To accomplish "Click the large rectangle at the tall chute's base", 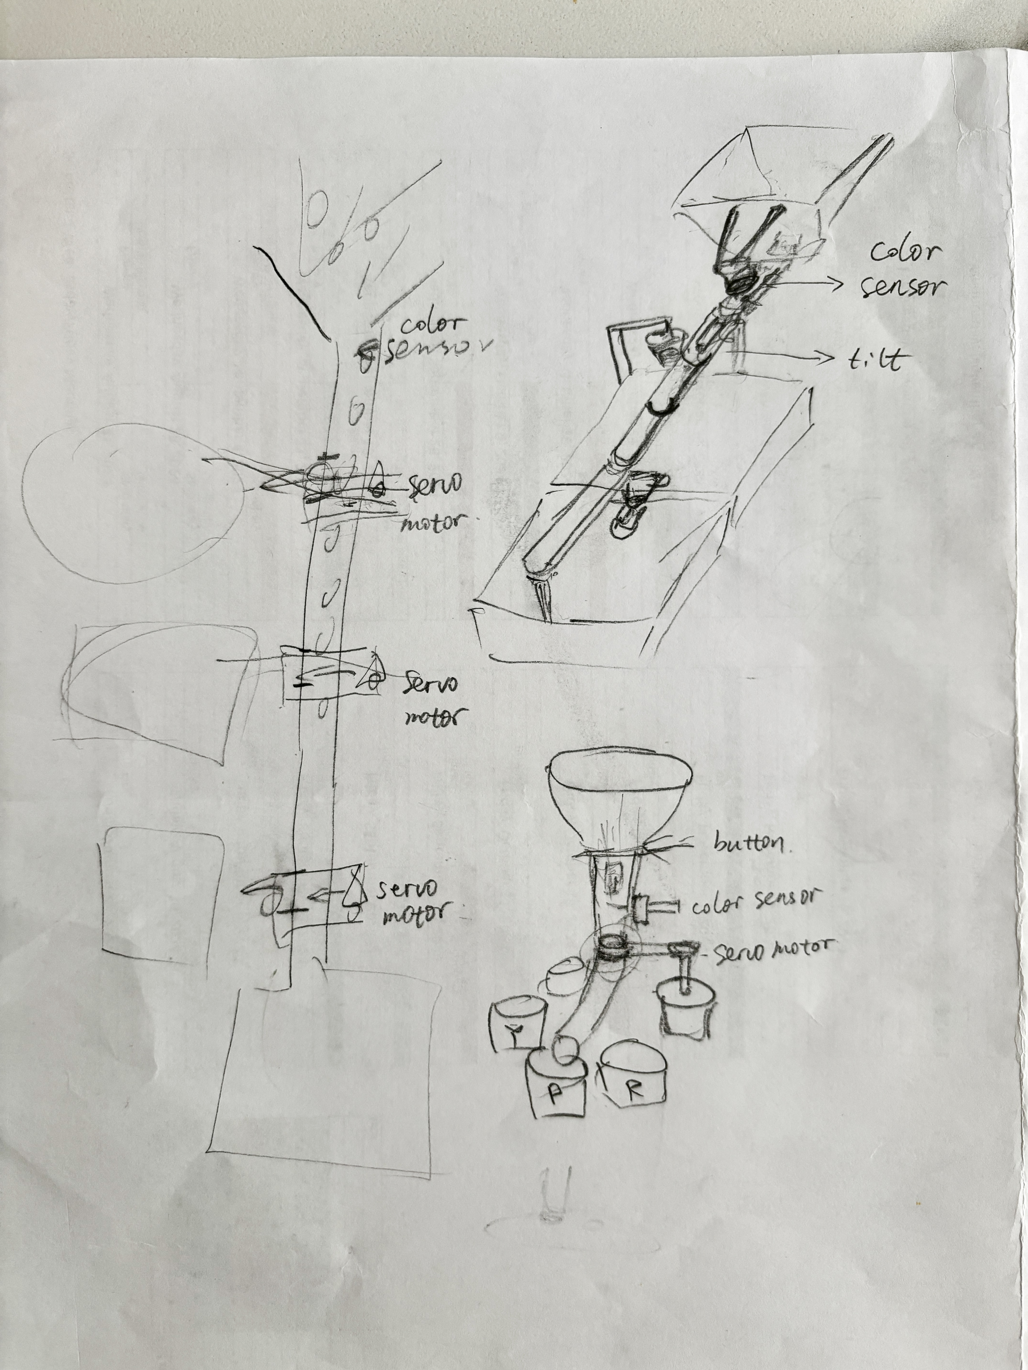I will point(325,1078).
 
